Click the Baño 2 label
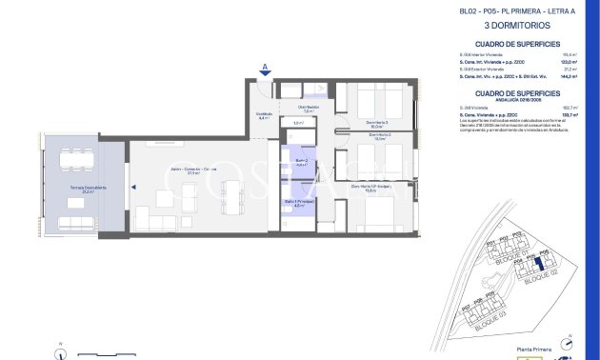click(300, 163)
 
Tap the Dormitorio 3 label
click(378, 123)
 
